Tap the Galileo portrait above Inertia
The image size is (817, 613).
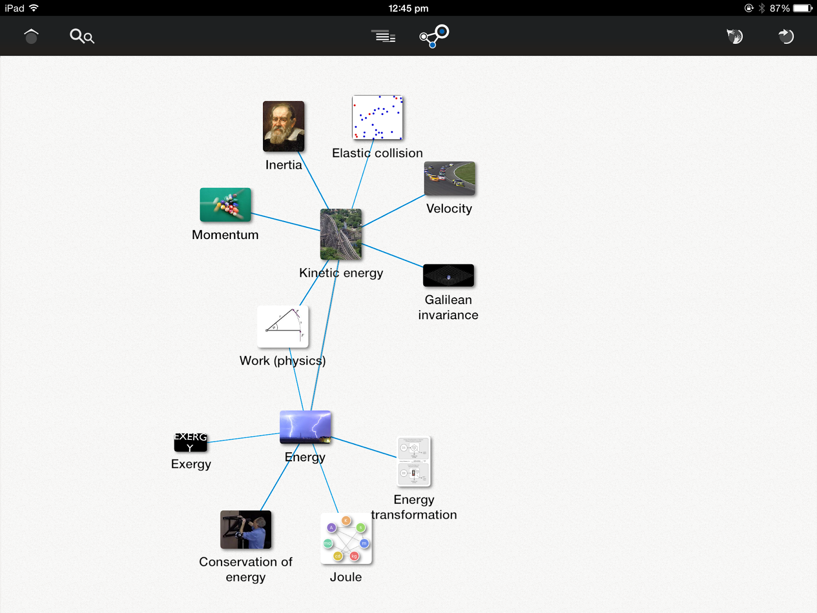pyautogui.click(x=283, y=126)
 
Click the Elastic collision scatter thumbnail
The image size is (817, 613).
pyautogui.click(x=377, y=117)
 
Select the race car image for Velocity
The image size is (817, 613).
pyautogui.click(x=449, y=178)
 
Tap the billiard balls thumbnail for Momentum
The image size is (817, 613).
pyautogui.click(x=225, y=204)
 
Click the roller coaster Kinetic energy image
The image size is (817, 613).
pyautogui.click(x=341, y=234)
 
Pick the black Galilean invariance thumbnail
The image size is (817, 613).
pyautogui.click(x=448, y=275)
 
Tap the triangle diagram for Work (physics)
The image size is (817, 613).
pyautogui.click(x=282, y=327)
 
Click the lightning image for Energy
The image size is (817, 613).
pyautogui.click(x=305, y=427)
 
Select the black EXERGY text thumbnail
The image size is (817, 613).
pyautogui.click(x=190, y=442)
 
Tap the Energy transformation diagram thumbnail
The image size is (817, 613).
pyautogui.click(x=414, y=461)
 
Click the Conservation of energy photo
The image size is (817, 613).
pyautogui.click(x=246, y=530)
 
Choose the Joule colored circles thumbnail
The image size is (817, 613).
pyautogui.click(x=346, y=538)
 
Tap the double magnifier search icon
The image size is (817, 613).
pyautogui.click(x=82, y=36)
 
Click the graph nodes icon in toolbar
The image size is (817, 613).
pyautogui.click(x=434, y=36)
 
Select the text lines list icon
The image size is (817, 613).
pyautogui.click(x=383, y=36)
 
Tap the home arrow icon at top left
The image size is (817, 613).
pyautogui.click(x=31, y=36)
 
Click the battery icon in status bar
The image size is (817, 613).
pyautogui.click(x=802, y=8)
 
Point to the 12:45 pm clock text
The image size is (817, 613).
pyautogui.click(x=408, y=8)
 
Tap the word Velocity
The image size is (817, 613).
pyautogui.click(x=449, y=208)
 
